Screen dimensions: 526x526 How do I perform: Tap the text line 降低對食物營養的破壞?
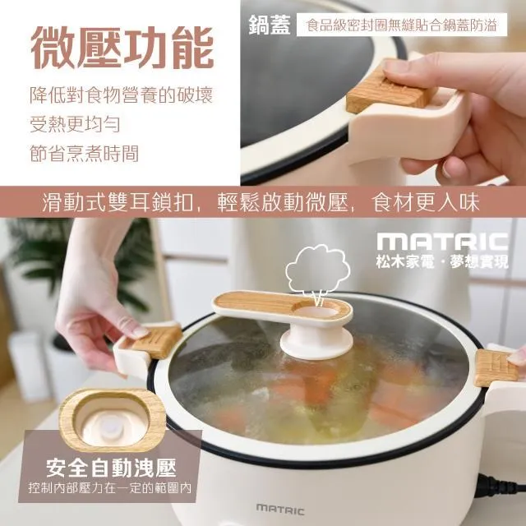pyautogui.click(x=121, y=95)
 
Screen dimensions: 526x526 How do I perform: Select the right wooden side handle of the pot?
pyautogui.click(x=496, y=367)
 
